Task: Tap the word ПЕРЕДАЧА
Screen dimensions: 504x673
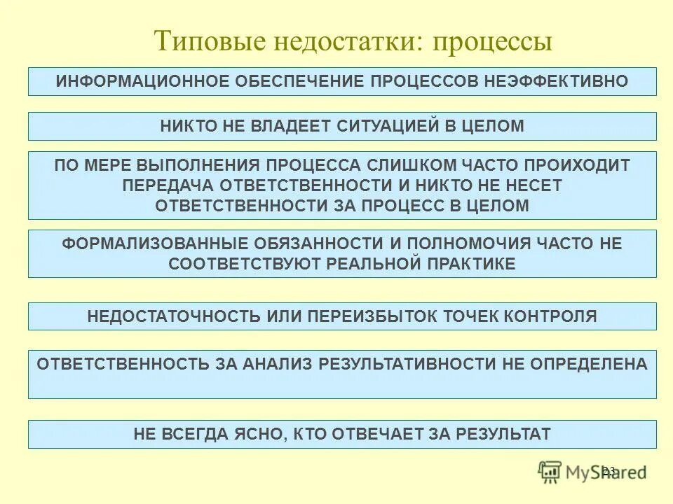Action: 168,185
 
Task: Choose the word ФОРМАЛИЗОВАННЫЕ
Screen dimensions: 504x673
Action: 150,244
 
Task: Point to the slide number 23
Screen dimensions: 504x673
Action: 609,470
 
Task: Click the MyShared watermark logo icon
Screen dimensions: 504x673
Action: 551,472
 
